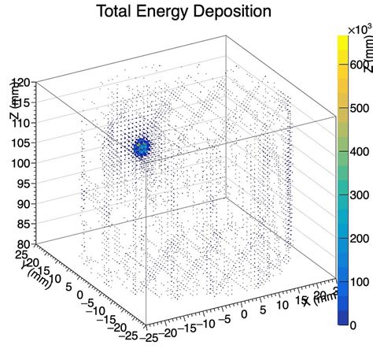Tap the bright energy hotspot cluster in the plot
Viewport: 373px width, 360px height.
click(142, 147)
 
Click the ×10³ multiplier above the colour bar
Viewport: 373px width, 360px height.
click(360, 29)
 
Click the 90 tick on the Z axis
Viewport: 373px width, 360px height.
click(22, 204)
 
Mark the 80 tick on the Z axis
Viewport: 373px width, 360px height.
click(22, 244)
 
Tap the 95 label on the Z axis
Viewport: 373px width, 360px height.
click(22, 184)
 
